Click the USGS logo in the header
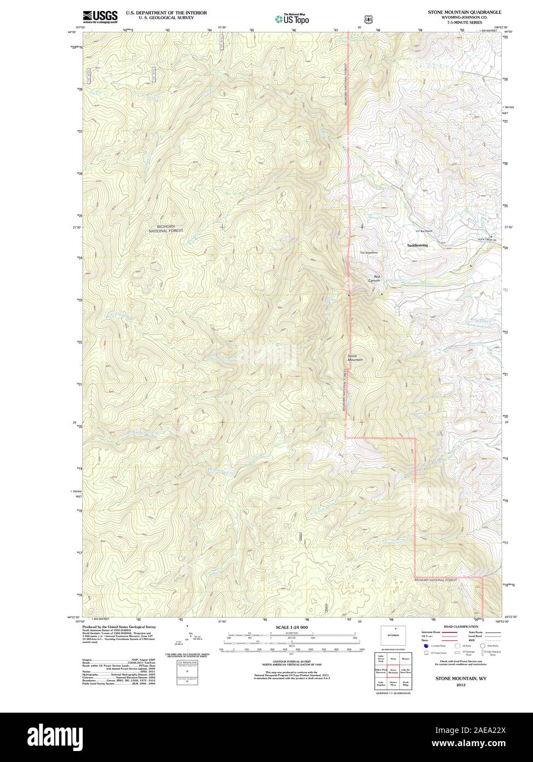click(101, 18)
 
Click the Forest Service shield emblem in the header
click(368, 19)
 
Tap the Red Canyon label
click(377, 278)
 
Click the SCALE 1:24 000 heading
click(292, 627)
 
